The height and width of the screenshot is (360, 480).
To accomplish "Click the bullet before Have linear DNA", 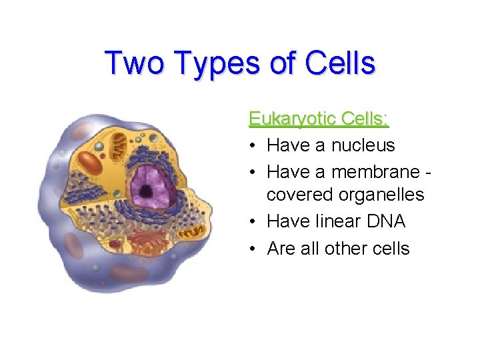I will pos(255,221).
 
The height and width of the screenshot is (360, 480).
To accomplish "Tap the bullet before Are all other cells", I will pos(255,249).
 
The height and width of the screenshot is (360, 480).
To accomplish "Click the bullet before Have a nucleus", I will pos(255,145).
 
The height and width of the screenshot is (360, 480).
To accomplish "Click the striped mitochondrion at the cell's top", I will pos(119,141).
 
